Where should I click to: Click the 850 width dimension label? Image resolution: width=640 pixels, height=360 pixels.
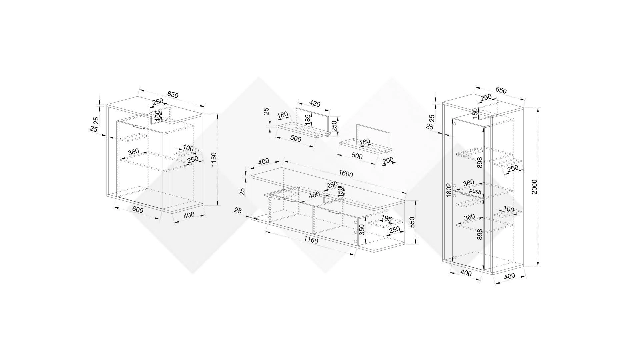point(173,94)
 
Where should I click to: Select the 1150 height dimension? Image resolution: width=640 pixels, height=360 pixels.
point(214,159)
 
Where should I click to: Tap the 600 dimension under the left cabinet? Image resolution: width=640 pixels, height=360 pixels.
point(138,210)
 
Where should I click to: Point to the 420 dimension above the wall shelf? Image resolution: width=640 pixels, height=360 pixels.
point(314,104)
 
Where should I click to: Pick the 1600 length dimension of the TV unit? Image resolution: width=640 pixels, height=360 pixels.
point(346,174)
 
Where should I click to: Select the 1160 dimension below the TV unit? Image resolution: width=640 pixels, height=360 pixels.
point(311,240)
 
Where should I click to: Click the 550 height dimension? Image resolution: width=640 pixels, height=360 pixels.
point(412,222)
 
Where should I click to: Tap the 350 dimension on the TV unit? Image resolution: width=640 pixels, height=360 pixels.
point(362,229)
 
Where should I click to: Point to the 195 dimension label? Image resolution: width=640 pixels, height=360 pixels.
point(386,219)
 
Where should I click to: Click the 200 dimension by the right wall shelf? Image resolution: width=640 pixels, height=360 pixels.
point(388,161)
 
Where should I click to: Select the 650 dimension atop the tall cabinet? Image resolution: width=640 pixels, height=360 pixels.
point(501,90)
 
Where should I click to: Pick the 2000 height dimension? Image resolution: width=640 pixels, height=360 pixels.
point(534,187)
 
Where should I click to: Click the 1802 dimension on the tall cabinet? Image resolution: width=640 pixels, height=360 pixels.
point(449,190)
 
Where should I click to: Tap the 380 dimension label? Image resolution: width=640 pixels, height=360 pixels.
point(468,183)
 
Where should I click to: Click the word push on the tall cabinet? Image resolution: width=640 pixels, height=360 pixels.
point(475,191)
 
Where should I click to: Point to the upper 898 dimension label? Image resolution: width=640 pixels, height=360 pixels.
point(480,163)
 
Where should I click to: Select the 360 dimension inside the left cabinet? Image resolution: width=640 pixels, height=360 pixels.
point(133,152)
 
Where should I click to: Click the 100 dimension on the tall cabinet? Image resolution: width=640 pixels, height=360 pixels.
point(509,209)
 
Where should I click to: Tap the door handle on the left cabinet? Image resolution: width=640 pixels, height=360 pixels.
point(138,127)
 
